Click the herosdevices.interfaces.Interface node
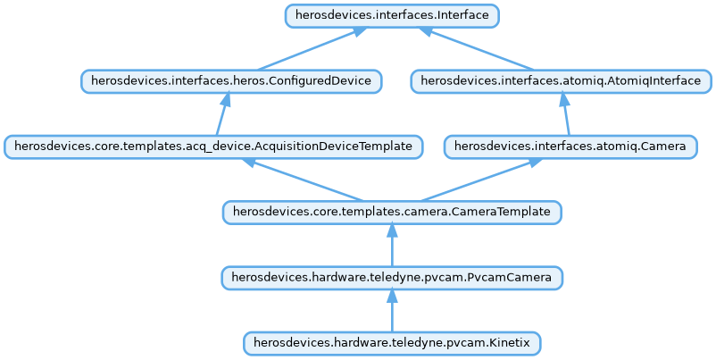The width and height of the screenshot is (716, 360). point(391,16)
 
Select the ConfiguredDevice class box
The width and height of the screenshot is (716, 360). point(231,81)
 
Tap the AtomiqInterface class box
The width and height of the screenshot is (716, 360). point(561,81)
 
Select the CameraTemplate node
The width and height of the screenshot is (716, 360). point(391,212)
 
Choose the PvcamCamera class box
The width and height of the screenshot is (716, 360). point(391,278)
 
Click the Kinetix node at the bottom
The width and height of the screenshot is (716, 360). point(391,343)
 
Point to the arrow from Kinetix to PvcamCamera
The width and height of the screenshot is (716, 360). point(391,312)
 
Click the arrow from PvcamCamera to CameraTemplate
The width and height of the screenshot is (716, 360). point(391,246)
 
